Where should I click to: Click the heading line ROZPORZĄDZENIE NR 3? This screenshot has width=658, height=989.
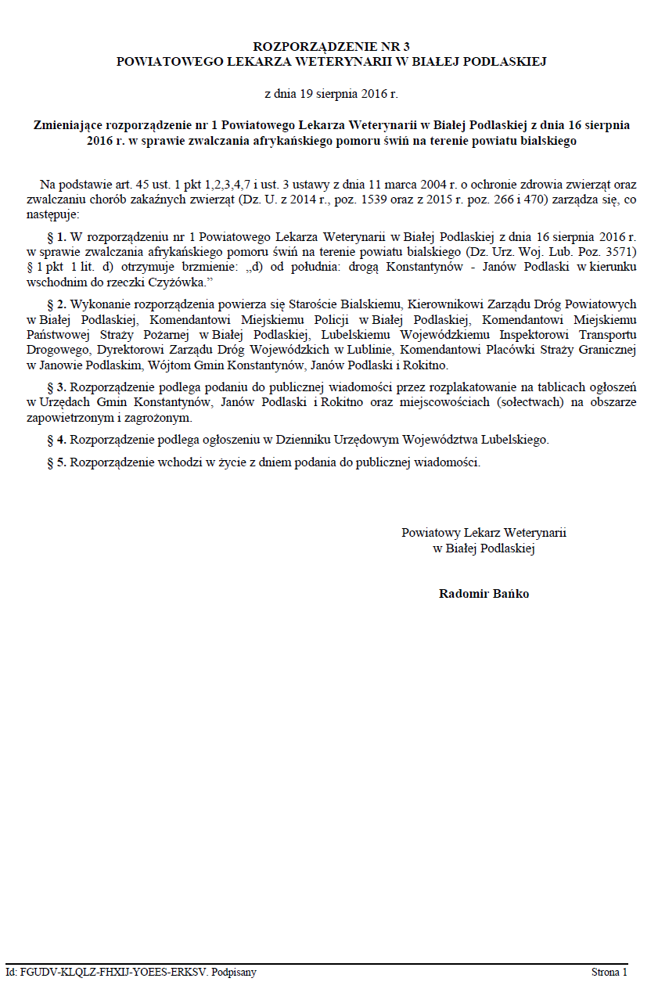point(331,47)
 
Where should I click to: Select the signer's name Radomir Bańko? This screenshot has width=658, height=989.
point(484,594)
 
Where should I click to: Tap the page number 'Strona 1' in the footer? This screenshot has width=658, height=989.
point(609,973)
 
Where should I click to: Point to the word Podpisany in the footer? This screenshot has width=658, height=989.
point(234,973)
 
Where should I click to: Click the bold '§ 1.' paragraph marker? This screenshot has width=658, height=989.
point(57,236)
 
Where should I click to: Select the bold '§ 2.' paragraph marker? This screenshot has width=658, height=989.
point(57,304)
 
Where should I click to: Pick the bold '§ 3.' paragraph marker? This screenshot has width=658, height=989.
point(57,387)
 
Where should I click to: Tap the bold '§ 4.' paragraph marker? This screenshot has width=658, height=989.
point(57,440)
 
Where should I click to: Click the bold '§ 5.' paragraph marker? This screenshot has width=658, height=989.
point(57,462)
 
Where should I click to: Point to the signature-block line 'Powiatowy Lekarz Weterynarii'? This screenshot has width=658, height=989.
point(484,533)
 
